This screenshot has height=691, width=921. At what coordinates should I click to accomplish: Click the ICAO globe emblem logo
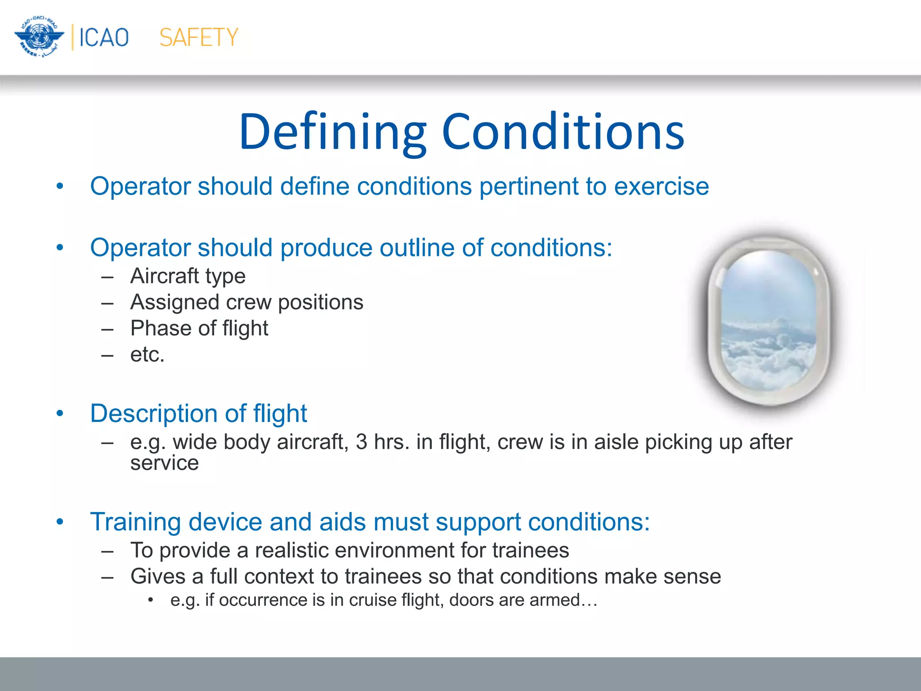[x=39, y=37]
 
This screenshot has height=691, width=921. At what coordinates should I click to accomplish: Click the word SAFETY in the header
[x=199, y=37]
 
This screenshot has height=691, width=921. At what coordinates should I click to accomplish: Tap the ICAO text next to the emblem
[x=104, y=37]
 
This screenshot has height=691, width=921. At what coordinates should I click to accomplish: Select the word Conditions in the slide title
[x=563, y=132]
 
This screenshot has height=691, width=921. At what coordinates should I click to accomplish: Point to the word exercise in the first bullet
[x=662, y=186]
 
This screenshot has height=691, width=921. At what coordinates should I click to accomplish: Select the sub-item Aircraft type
[x=188, y=276]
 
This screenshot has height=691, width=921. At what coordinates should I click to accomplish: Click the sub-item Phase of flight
[x=199, y=328]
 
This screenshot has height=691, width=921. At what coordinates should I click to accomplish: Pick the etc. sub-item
[x=148, y=354]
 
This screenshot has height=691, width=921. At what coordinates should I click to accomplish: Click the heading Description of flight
[x=198, y=413]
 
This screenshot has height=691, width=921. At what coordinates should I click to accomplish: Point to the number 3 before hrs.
[x=362, y=442]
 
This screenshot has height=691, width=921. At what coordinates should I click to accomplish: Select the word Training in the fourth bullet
[x=135, y=522]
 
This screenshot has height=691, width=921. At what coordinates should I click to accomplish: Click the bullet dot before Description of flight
[x=60, y=413]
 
